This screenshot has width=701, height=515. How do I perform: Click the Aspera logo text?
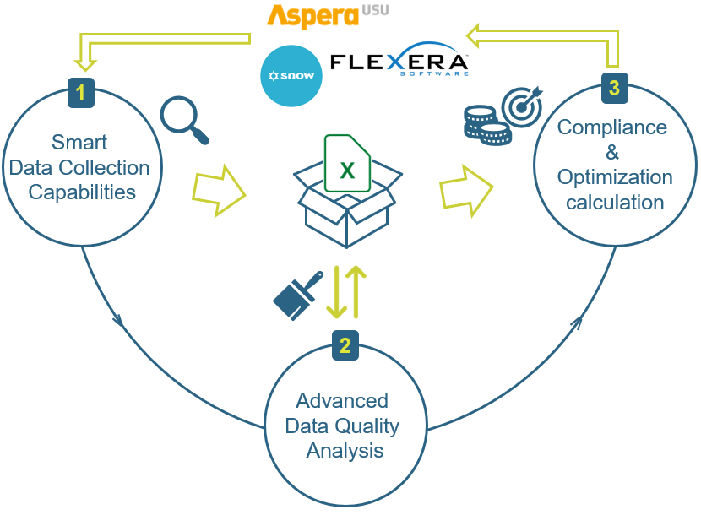(x=313, y=16)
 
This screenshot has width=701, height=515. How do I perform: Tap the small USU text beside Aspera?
(x=375, y=10)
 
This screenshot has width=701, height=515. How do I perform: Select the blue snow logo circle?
(x=291, y=75)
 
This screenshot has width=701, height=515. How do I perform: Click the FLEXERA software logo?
(x=399, y=60)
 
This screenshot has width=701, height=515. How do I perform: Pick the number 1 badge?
(x=81, y=93)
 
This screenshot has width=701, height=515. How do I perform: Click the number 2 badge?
(x=345, y=345)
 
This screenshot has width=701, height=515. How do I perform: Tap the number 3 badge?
(x=615, y=88)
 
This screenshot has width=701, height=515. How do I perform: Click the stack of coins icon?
(x=486, y=126)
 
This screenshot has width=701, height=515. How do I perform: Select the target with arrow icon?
(x=522, y=106)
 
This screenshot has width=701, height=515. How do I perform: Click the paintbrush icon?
(x=298, y=295)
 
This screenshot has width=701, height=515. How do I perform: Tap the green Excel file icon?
(x=347, y=164)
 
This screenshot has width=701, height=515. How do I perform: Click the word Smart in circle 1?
(x=79, y=143)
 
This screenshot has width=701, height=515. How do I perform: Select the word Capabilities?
(x=82, y=192)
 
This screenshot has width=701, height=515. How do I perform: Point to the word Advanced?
(x=342, y=400)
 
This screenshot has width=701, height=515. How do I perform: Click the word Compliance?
(x=612, y=127)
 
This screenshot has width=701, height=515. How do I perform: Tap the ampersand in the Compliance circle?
(x=612, y=152)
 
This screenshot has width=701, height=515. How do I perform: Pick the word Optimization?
(x=615, y=177)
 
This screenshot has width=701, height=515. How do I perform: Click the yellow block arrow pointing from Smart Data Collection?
(x=219, y=191)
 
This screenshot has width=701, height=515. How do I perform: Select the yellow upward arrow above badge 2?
(x=356, y=292)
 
